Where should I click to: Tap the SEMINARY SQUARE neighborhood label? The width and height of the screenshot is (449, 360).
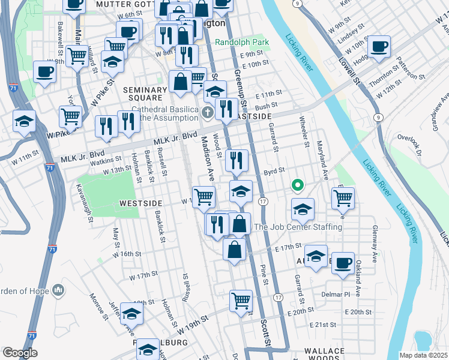(x=143, y=94)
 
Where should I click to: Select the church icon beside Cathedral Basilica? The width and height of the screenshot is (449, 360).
(x=207, y=112)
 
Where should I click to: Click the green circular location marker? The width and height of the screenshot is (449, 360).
(x=297, y=185)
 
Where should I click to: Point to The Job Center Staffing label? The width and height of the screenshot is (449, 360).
(x=298, y=227)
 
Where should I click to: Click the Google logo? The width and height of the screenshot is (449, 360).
(x=20, y=353)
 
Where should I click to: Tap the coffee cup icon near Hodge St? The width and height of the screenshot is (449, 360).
(x=379, y=47)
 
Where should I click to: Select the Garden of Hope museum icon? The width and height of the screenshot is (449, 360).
(x=58, y=290)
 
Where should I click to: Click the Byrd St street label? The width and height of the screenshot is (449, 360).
(x=274, y=171)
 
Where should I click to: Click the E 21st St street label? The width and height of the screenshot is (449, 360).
(x=324, y=325)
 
